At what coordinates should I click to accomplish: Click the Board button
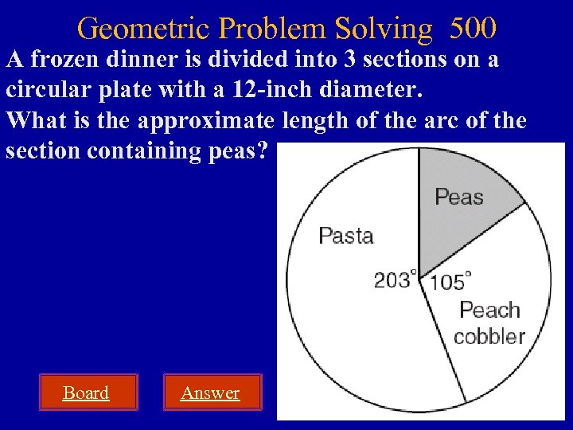click(x=86, y=393)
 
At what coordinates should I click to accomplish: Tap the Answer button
click(x=210, y=393)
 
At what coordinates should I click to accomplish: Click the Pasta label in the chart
click(x=345, y=235)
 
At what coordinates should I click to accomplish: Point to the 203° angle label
click(x=396, y=279)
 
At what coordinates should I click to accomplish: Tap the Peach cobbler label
click(x=489, y=322)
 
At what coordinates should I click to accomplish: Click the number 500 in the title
click(x=473, y=29)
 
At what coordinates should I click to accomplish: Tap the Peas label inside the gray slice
click(x=459, y=196)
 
